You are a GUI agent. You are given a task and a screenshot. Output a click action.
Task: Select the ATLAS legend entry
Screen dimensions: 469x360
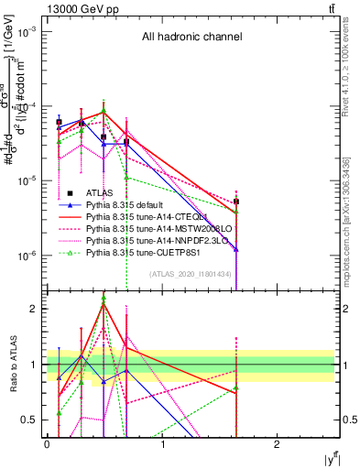point(101,193)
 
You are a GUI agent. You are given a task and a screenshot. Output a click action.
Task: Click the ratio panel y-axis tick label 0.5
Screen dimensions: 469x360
point(28,420)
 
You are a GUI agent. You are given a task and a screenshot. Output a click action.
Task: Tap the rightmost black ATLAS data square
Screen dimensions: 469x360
point(236,202)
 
